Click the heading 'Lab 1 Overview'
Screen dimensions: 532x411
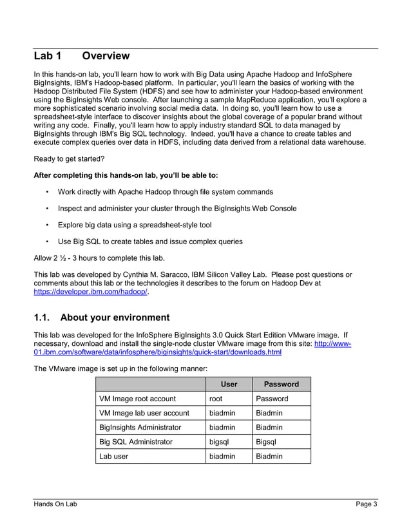point(82,56)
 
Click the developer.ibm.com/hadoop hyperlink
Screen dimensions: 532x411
point(91,292)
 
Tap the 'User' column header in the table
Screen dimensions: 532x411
point(229,385)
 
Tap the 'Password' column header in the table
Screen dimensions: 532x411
point(282,385)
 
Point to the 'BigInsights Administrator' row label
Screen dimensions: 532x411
point(140,428)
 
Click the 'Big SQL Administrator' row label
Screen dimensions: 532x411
point(136,442)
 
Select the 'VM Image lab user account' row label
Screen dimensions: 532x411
point(144,413)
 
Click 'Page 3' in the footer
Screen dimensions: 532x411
point(367,504)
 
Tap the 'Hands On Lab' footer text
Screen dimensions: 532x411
point(55,504)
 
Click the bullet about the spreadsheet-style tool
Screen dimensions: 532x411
point(135,225)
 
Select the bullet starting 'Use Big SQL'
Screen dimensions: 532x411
point(150,242)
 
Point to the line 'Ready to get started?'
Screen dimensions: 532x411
point(68,158)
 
